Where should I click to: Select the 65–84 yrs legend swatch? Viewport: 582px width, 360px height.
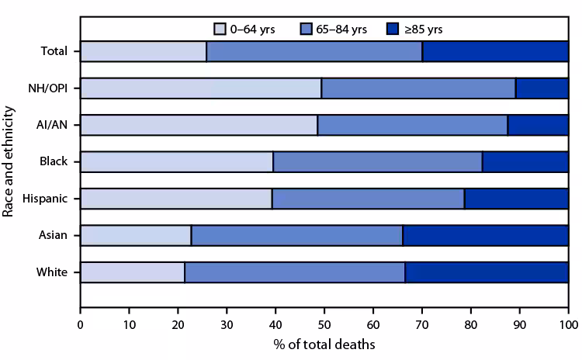(305, 29)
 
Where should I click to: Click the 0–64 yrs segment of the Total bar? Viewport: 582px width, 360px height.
(143, 51)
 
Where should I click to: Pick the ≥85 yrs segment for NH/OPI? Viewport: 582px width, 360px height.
(542, 88)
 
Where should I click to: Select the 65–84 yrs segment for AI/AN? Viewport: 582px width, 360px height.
(412, 125)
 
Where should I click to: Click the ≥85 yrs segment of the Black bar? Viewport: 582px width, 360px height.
(525, 161)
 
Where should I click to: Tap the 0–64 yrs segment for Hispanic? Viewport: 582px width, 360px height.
(175, 199)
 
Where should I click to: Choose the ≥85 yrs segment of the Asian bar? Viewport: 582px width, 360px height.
(485, 235)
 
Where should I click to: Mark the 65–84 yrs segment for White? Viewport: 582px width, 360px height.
(295, 272)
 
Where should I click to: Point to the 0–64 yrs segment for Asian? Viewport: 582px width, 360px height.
(135, 235)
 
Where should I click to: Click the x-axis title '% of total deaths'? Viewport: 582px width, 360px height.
(324, 342)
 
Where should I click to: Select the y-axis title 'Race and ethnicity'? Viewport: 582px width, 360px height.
(10, 162)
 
